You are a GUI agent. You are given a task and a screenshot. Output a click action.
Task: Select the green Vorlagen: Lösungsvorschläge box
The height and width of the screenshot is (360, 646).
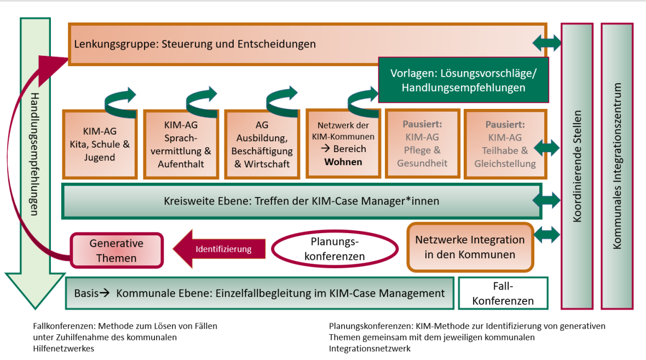tap(464, 80)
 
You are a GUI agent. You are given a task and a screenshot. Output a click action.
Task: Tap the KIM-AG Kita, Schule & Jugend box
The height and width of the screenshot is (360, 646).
tap(100, 144)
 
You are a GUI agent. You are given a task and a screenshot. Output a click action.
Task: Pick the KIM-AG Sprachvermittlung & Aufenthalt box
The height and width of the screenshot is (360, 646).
tap(181, 144)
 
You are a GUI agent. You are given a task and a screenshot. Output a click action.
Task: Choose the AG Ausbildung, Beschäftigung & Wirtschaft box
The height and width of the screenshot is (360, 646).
tap(262, 144)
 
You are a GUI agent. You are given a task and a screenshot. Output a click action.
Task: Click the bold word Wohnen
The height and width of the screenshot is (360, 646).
tap(343, 162)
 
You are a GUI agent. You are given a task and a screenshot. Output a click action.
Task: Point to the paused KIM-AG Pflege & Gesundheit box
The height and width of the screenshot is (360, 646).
tap(422, 144)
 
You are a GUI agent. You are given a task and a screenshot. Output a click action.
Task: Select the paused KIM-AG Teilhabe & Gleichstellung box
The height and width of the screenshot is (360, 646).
tap(505, 144)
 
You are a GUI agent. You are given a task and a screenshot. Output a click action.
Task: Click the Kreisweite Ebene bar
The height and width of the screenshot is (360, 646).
tap(302, 201)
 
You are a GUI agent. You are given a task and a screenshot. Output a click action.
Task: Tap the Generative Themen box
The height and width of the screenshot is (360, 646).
tap(117, 251)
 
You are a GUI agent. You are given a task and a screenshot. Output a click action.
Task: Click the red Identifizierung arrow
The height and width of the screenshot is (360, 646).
tap(219, 249)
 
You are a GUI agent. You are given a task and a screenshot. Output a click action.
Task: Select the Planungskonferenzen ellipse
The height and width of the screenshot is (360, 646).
tap(334, 249)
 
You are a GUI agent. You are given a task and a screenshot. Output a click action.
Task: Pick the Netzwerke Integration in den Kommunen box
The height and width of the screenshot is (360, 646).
tap(470, 247)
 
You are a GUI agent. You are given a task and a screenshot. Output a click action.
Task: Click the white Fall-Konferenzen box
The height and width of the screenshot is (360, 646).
tap(503, 293)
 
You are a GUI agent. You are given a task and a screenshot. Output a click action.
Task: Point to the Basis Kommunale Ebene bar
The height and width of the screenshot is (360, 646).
tap(259, 293)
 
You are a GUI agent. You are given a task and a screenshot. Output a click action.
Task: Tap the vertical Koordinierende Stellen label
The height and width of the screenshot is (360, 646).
tap(577, 166)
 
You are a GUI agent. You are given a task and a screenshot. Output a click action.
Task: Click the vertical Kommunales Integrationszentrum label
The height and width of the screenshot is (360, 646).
tap(617, 166)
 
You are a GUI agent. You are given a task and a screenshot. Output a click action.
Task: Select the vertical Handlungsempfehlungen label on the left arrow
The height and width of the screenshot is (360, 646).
tap(35, 154)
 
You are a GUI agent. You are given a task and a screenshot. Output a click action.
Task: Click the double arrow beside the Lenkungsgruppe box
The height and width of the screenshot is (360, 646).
tap(547, 43)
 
